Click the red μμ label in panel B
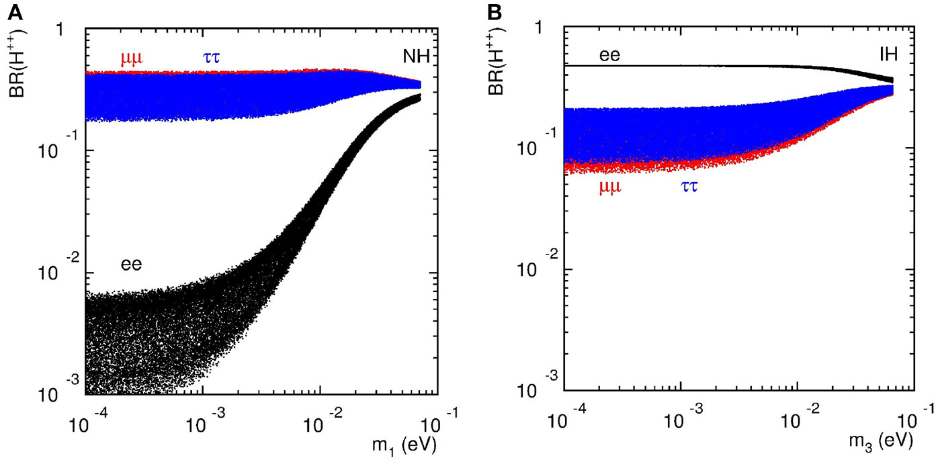(610, 187)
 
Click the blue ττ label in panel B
(685, 187)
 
